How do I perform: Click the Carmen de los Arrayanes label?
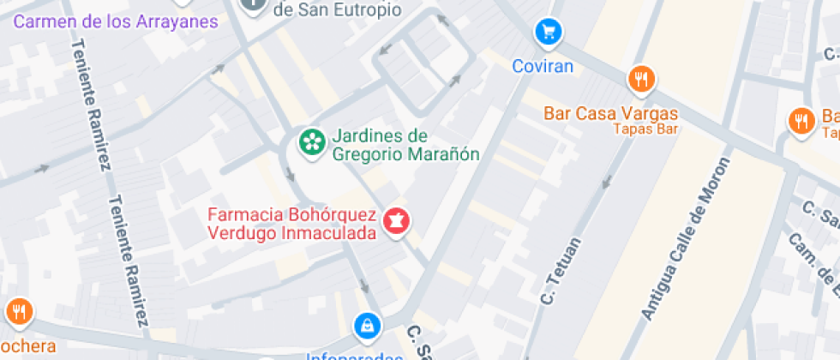click(116, 21)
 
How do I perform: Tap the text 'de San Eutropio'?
click(337, 10)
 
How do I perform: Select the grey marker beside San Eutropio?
click(253, 4)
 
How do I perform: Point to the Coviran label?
click(542, 65)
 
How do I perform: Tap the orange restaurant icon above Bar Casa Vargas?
click(640, 81)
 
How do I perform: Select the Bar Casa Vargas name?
click(611, 113)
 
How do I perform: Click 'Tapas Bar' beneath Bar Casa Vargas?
click(645, 129)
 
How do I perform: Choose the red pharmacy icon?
click(397, 221)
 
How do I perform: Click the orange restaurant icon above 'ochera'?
click(19, 312)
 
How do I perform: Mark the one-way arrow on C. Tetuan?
click(609, 182)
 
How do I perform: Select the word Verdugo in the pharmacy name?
click(237, 232)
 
